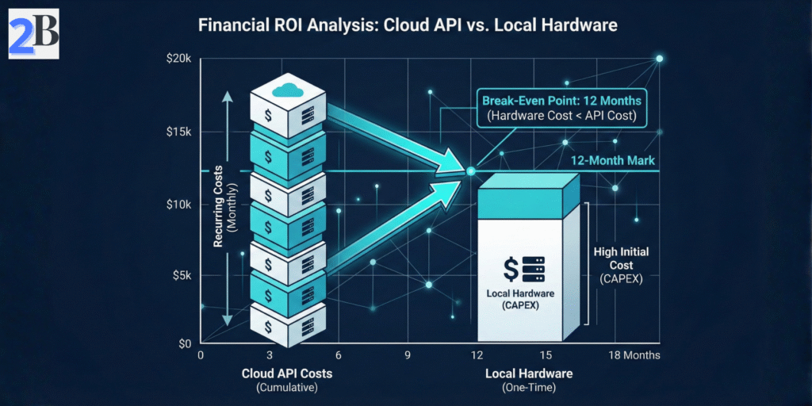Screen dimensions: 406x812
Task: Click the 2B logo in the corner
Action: click(33, 34)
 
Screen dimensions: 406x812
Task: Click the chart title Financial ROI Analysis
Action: click(407, 25)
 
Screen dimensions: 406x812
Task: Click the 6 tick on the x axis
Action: click(339, 355)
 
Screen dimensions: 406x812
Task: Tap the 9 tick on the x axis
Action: click(408, 355)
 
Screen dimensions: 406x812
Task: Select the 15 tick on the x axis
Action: click(546, 355)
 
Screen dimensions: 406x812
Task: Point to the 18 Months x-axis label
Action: click(634, 355)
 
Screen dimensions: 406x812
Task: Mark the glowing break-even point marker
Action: click(470, 171)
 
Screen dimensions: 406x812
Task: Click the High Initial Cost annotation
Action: click(621, 264)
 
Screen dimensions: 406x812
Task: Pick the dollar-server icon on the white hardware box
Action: click(524, 270)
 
